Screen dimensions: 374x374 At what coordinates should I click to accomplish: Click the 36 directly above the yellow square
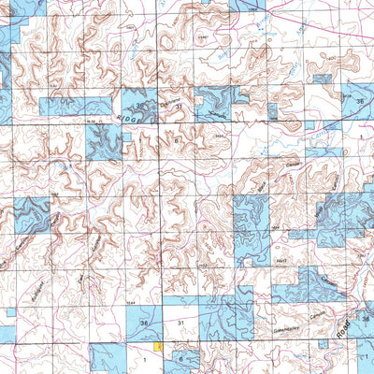point(143,324)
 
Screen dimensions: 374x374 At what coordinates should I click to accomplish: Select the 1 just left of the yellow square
point(145,357)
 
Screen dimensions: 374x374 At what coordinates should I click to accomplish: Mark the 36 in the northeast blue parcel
point(360,98)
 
